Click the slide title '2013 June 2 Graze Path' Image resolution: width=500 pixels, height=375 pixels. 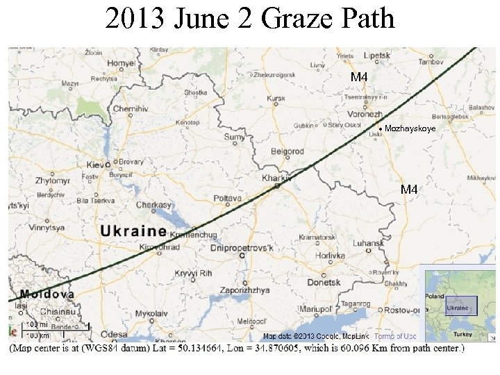pos(250,19)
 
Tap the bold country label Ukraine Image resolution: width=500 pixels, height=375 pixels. pos(133,231)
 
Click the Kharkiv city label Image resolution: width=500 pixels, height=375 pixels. pos(275,178)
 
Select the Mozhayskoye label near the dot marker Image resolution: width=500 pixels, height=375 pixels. pos(410,129)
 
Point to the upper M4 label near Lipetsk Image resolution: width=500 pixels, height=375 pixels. pos(358,77)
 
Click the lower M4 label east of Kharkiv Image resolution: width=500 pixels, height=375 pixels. pos(409,190)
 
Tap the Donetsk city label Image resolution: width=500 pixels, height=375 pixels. pos(324,283)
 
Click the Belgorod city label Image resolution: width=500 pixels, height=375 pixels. pos(287,151)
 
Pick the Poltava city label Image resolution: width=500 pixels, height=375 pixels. pos(227,199)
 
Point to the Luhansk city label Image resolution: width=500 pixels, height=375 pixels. pos(367,244)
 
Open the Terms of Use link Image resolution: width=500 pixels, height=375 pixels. pos(395,337)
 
